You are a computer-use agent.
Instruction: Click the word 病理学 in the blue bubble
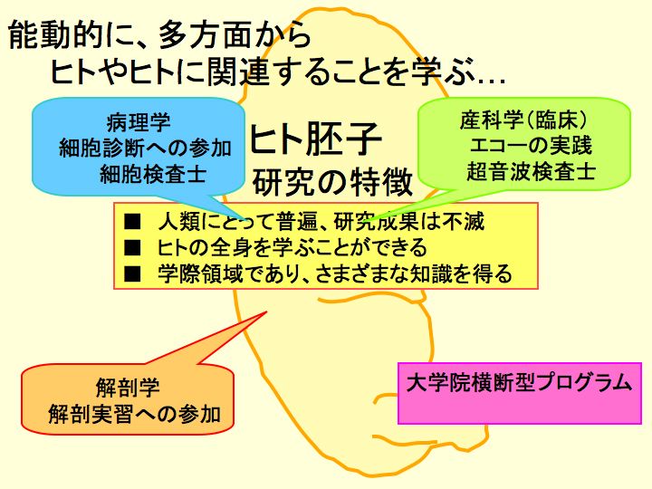(x=138, y=122)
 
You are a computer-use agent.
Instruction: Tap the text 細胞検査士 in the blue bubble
(x=153, y=174)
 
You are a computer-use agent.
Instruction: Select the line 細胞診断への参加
(x=145, y=148)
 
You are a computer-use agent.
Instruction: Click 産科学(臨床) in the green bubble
(x=523, y=120)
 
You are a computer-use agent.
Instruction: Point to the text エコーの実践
(x=531, y=146)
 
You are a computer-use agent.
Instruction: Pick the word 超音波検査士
(x=531, y=171)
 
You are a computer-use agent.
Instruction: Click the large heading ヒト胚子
(x=315, y=139)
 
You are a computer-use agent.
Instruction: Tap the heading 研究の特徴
(x=332, y=182)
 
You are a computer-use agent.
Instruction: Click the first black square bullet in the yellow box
(x=132, y=221)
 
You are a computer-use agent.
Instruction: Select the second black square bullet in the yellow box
(x=132, y=247)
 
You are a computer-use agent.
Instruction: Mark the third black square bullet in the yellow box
(x=132, y=273)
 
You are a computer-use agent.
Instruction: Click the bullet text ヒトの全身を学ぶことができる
(x=292, y=247)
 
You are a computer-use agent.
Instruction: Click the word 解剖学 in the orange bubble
(x=128, y=388)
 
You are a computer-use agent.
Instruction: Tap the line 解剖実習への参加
(x=134, y=414)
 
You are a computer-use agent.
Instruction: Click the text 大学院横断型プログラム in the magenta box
(x=520, y=382)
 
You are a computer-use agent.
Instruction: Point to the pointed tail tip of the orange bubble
(x=266, y=312)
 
